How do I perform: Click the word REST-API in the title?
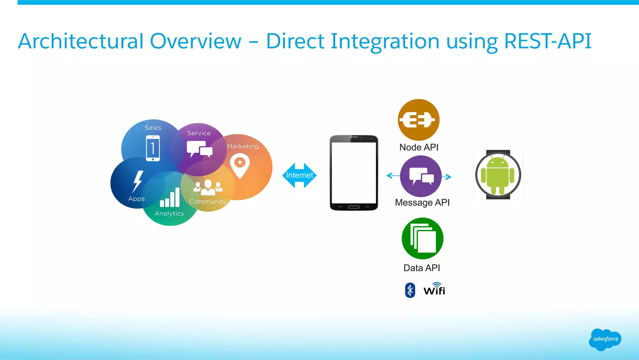click(548, 41)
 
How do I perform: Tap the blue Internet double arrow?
click(299, 175)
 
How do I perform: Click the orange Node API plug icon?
click(418, 120)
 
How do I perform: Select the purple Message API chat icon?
click(421, 176)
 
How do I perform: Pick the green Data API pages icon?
click(422, 239)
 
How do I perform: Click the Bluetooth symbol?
click(410, 290)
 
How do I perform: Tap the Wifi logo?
click(434, 289)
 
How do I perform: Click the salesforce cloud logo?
click(605, 339)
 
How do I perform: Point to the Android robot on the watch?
click(498, 175)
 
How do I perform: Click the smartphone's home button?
click(354, 207)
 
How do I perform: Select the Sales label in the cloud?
click(153, 128)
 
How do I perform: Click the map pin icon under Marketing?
click(240, 165)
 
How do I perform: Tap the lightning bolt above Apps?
click(138, 181)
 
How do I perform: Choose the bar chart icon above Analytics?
click(170, 198)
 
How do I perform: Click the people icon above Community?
click(208, 187)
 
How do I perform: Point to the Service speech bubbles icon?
click(199, 149)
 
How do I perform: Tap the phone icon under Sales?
click(153, 148)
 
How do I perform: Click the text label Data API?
click(422, 268)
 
